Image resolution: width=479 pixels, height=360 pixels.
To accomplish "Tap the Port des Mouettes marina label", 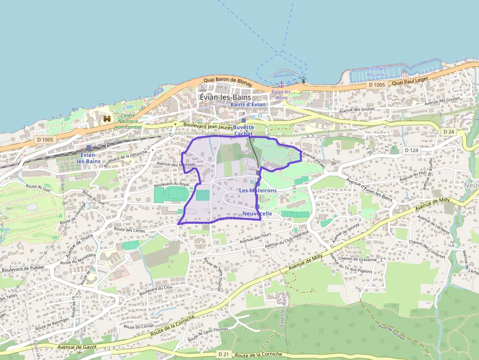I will pyautogui.click(x=377, y=72).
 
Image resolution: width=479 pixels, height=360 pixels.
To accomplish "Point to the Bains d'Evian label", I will pyautogui.click(x=248, y=105).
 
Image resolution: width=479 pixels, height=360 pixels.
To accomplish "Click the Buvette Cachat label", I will pyautogui.click(x=244, y=130).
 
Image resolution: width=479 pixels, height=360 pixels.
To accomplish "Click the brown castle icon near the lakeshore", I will pyautogui.click(x=107, y=119).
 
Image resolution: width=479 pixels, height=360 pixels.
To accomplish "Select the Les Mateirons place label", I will pyautogui.click(x=258, y=190).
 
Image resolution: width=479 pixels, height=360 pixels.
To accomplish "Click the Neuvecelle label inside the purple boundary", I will pyautogui.click(x=257, y=214).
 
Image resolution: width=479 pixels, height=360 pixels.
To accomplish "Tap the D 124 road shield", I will pyautogui.click(x=413, y=150).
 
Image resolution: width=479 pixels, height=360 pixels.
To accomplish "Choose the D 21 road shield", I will pyautogui.click(x=223, y=354).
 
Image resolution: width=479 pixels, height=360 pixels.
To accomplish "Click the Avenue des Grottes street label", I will pyautogui.click(x=442, y=101).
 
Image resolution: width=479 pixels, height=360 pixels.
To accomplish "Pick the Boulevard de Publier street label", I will pyautogui.click(x=23, y=268).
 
